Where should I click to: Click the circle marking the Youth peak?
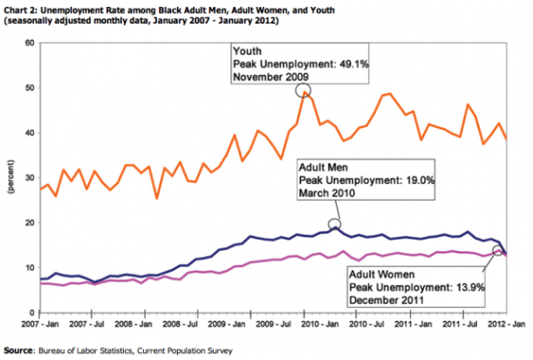[303, 90]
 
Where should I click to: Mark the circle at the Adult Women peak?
[499, 251]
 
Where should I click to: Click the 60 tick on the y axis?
[29, 43]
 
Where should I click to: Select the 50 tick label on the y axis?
[29, 88]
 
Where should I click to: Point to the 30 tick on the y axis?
[29, 178]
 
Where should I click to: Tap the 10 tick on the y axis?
[29, 268]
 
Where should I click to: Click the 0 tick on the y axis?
[31, 313]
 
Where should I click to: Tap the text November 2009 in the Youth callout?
[270, 77]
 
